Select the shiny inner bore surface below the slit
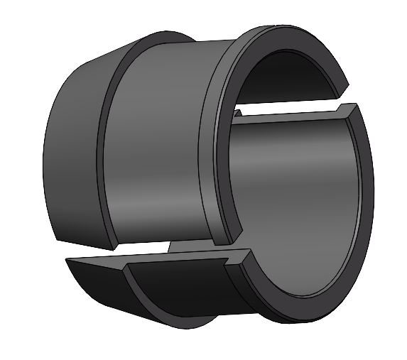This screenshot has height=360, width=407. coord(298,185)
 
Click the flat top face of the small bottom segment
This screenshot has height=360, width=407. coord(178,258)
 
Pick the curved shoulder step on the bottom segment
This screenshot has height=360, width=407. coord(131,291)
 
